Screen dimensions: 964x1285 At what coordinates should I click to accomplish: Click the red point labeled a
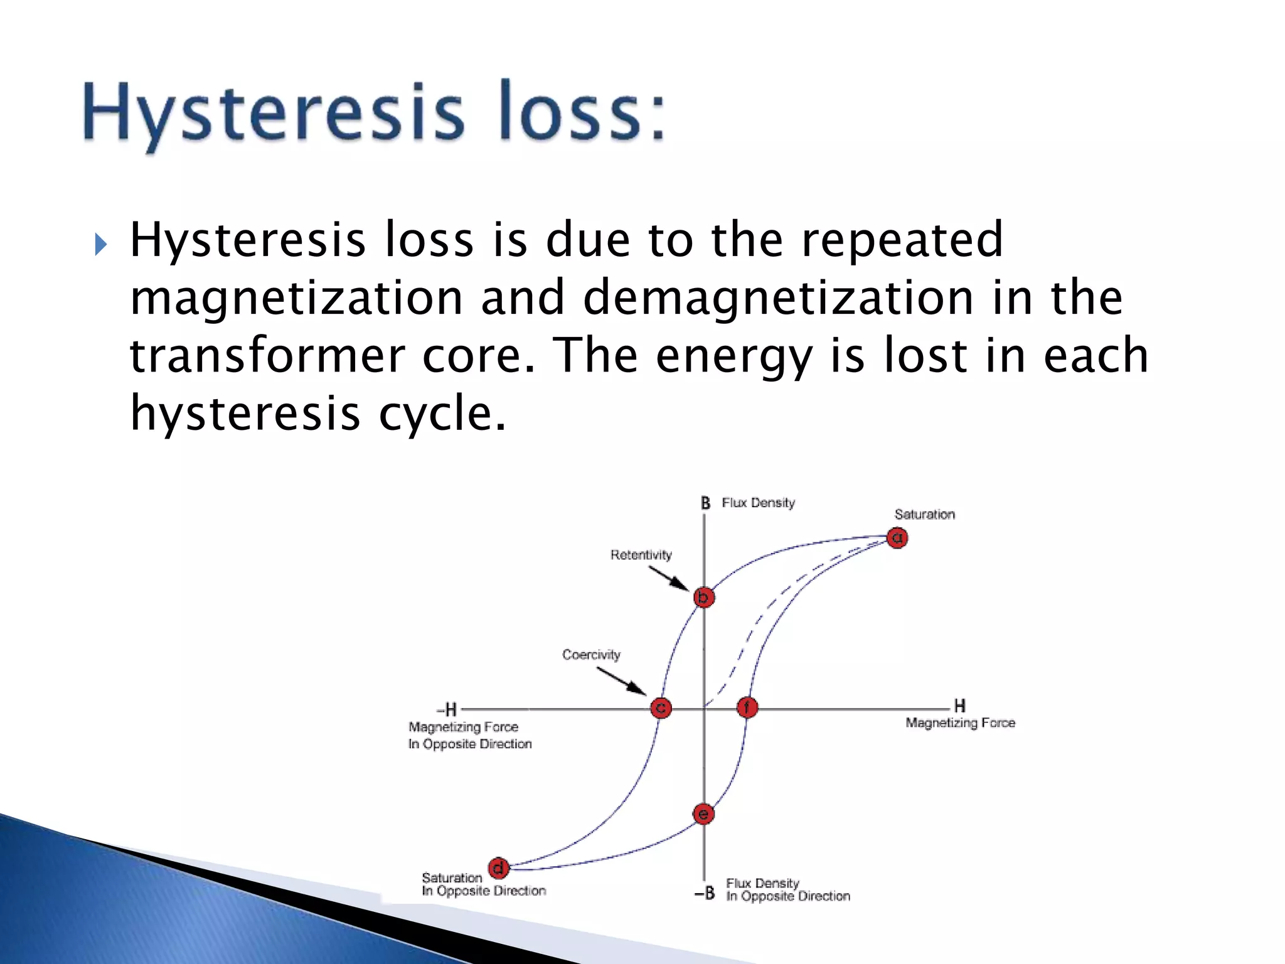[x=897, y=538]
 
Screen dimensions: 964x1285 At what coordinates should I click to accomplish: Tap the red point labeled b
[x=704, y=597]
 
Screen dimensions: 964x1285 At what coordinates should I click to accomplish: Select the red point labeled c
[x=660, y=708]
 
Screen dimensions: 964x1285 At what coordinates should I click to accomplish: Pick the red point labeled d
[x=498, y=868]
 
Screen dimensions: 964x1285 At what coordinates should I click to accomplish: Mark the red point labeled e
[x=703, y=814]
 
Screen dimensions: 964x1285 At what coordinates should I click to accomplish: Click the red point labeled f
[x=747, y=708]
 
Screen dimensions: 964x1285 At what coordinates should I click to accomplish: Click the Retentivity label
[x=641, y=555]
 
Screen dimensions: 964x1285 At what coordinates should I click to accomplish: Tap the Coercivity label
[x=591, y=655]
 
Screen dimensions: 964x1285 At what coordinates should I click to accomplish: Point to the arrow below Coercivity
[x=621, y=681]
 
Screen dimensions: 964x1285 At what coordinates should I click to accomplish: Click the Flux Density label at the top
[x=758, y=503]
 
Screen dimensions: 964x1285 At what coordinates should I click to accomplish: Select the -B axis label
[x=705, y=893]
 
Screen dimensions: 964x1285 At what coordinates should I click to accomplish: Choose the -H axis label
[x=447, y=710]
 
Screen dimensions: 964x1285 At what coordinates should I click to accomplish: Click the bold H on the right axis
[x=959, y=705]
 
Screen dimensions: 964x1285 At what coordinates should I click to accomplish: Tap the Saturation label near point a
[x=924, y=515]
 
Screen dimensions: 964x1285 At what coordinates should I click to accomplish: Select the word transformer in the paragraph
[x=267, y=356]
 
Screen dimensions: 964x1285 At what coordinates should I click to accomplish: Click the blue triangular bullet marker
[x=100, y=244]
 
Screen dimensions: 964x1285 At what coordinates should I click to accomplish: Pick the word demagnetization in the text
[x=779, y=298]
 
